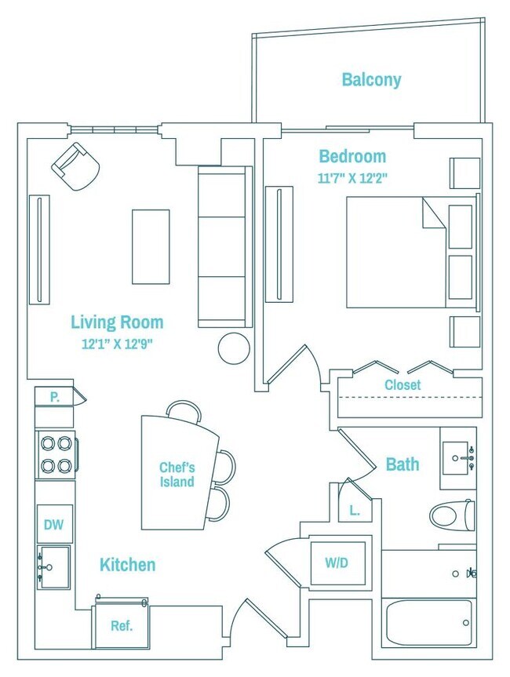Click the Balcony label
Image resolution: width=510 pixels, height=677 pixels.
click(x=371, y=80)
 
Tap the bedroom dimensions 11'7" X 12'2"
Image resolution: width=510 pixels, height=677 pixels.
click(x=352, y=178)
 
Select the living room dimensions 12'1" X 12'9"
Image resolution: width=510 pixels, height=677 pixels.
click(x=118, y=344)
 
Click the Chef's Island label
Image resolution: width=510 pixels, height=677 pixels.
click(x=177, y=475)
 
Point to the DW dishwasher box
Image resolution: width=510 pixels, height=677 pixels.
click(x=54, y=524)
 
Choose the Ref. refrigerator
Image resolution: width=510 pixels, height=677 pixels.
click(x=122, y=626)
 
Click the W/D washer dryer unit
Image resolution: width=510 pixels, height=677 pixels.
click(x=337, y=563)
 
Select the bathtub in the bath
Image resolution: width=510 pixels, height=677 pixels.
click(x=428, y=623)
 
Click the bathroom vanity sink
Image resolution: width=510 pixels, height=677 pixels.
click(x=457, y=457)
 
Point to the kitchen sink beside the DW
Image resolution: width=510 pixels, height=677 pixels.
click(x=53, y=567)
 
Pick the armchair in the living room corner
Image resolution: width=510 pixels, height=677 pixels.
click(x=76, y=166)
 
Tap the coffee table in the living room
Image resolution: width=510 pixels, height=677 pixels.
click(x=151, y=247)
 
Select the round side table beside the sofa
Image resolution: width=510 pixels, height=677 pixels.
click(x=234, y=348)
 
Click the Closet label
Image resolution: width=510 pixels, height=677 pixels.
click(x=403, y=384)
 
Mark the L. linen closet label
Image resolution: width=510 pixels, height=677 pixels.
click(x=355, y=511)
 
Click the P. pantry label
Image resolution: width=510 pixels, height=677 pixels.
click(x=54, y=397)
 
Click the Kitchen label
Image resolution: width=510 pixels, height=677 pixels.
click(x=127, y=565)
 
